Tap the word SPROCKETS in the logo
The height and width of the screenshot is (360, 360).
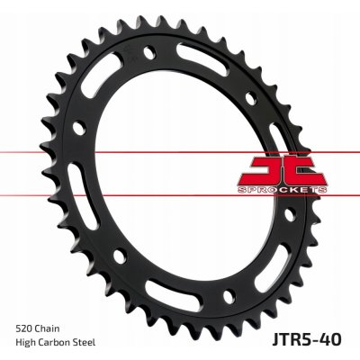[274, 190]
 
